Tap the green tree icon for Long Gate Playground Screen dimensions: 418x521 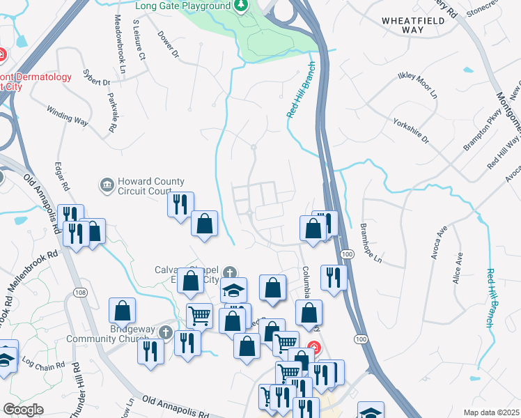pyautogui.click(x=241, y=6)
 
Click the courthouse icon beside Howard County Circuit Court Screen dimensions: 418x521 pyautogui.click(x=107, y=184)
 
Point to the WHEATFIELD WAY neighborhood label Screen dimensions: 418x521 pyautogui.click(x=412, y=26)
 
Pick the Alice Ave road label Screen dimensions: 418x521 pyautogui.click(x=458, y=268)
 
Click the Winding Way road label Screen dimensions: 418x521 pyautogui.click(x=67, y=115)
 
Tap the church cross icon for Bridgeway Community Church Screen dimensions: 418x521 pyautogui.click(x=165, y=332)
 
